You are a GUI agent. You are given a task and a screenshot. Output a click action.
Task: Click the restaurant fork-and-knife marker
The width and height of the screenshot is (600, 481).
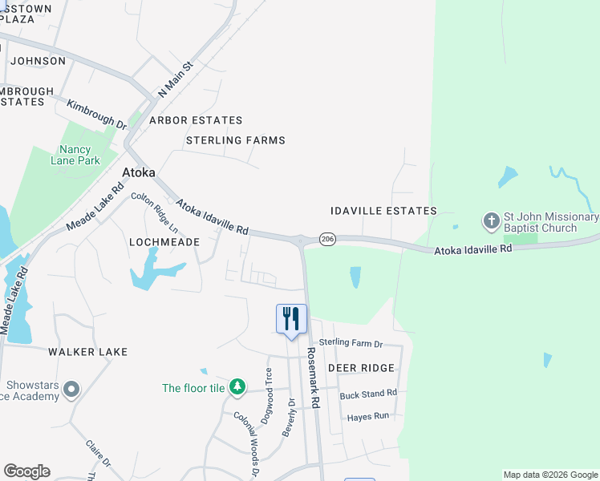coord(291,318)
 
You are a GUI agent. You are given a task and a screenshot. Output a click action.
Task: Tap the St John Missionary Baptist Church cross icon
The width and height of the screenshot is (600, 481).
coord(490,220)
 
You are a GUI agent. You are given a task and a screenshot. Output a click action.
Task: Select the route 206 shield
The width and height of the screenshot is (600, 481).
coord(326,239)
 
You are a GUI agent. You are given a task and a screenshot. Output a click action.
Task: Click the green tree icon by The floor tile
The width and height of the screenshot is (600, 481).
coord(237,387)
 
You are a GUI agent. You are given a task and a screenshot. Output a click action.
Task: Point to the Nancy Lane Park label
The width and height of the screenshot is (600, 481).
coord(79,155)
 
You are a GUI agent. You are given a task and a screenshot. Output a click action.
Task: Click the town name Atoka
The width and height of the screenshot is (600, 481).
coord(138,172)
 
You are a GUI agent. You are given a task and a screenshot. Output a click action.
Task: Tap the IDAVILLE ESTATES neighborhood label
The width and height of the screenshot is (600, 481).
coord(383,211)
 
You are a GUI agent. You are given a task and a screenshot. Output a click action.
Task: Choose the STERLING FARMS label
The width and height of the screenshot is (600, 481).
coord(235,140)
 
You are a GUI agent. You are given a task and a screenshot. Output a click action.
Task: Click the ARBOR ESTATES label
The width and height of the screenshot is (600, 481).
coord(196,120)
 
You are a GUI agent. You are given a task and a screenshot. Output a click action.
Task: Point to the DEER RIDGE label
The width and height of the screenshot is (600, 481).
coord(361,368)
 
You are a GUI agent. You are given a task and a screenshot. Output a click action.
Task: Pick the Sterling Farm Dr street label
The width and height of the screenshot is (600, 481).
coord(351,343)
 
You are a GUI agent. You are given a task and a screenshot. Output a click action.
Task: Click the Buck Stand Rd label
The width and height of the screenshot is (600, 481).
coord(368,394)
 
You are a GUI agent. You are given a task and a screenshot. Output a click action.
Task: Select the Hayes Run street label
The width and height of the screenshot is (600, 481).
coord(367,417)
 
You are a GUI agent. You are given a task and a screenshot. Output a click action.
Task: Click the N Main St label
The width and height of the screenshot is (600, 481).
coord(176,79)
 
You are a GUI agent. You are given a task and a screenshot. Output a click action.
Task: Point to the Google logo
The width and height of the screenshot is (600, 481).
coord(26,471)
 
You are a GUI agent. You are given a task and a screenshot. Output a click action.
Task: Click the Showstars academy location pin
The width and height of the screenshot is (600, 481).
coord(71,390)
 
